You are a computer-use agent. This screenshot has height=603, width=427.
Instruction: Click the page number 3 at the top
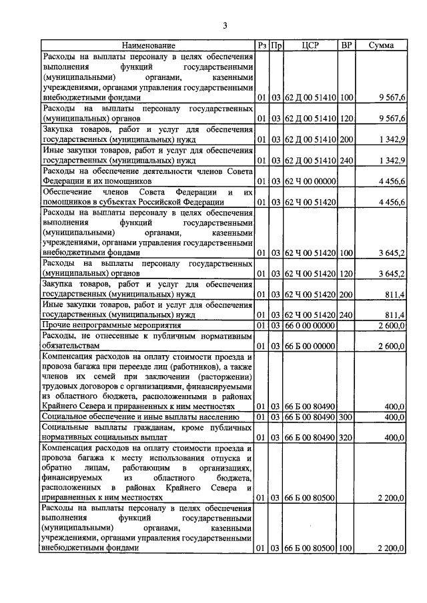(x=225, y=26)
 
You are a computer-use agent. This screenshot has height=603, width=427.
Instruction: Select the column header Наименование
(x=148, y=45)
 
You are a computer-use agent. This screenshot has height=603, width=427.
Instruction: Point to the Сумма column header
(x=381, y=45)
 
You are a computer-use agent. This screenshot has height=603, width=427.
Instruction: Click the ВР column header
(x=346, y=45)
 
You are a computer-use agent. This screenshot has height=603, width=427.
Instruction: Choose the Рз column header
(x=262, y=45)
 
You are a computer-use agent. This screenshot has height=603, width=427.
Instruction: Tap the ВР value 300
(x=346, y=416)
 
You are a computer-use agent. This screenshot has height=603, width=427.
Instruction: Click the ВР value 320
(x=346, y=438)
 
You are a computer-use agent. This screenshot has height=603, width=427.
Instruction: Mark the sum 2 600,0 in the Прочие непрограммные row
(x=391, y=324)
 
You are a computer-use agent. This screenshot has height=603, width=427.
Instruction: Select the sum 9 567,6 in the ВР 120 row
(x=391, y=118)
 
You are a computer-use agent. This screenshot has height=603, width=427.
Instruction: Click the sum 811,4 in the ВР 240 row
(x=394, y=314)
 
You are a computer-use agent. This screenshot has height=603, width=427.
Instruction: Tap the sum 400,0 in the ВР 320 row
(x=394, y=438)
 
